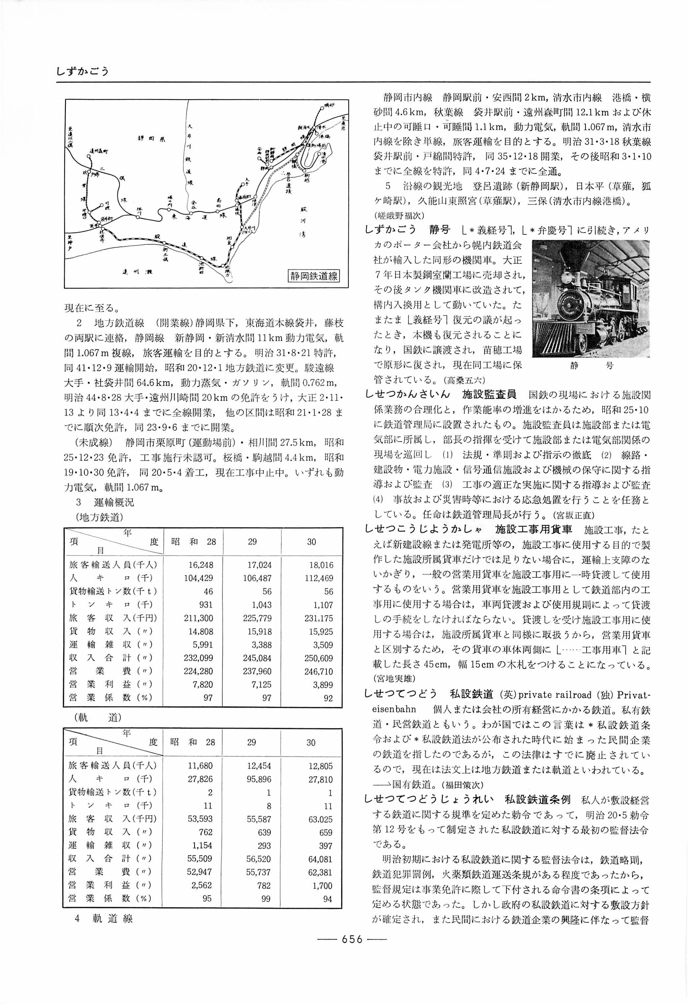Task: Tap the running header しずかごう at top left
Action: (82, 71)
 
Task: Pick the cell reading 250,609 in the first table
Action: (318, 658)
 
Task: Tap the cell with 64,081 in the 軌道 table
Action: (320, 859)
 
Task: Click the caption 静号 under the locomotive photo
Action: (591, 366)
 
